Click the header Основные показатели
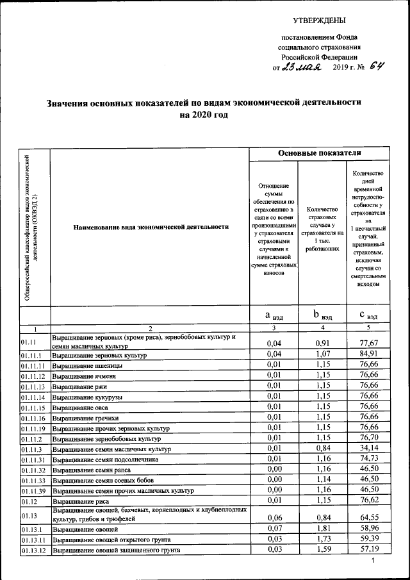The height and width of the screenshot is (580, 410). (x=319, y=153)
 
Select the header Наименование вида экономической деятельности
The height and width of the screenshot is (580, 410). (x=151, y=226)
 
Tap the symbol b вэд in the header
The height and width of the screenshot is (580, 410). (x=322, y=315)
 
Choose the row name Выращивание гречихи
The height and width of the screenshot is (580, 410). (x=83, y=417)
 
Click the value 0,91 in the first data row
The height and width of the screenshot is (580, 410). (x=322, y=343)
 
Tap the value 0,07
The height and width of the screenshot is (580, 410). (x=274, y=529)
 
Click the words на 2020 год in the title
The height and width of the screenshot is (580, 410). (x=203, y=115)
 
